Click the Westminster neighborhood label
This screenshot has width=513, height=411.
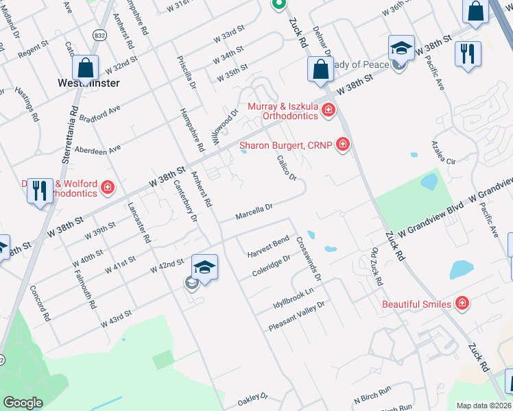[x=88, y=83]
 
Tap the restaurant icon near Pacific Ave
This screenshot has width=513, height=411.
[x=468, y=54]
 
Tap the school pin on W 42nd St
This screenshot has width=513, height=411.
[x=204, y=267]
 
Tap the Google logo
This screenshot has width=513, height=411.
[x=22, y=403]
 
